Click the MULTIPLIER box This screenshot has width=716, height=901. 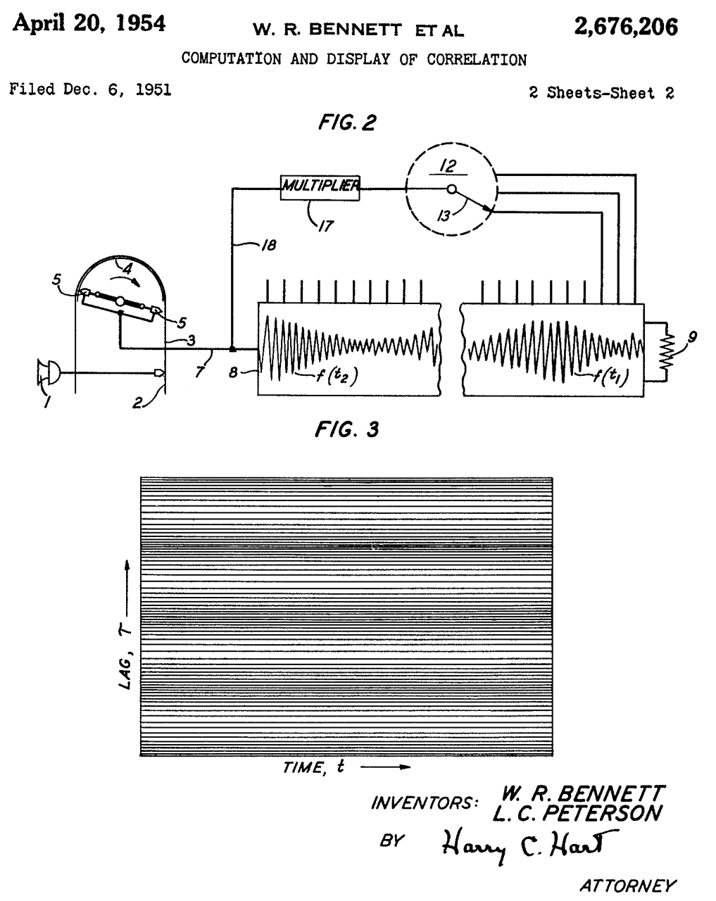click(320, 187)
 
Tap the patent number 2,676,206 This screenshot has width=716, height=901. click(626, 27)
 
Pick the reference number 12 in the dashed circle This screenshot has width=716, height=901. click(448, 166)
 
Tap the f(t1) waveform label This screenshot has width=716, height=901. click(603, 378)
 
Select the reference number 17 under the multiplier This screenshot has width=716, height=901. click(325, 227)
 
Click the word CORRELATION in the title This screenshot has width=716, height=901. click(477, 60)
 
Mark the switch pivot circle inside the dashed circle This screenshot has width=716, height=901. click(452, 189)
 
